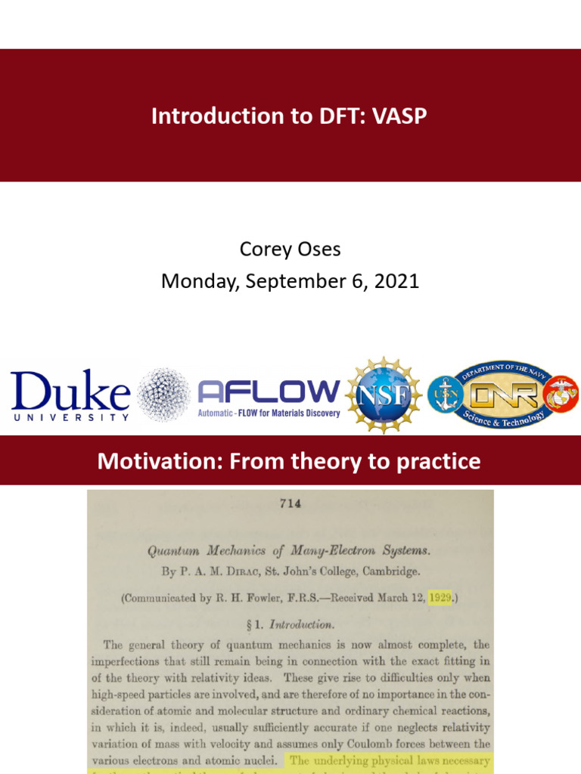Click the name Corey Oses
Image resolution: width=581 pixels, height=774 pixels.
tap(290, 249)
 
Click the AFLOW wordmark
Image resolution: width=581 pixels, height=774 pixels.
tap(269, 392)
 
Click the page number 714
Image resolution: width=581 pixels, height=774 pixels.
tap(290, 504)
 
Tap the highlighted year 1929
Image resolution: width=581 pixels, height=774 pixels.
tap(439, 598)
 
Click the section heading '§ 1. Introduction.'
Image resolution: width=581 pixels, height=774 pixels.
tap(290, 624)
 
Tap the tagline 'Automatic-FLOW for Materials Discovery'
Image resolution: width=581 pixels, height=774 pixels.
tap(269, 413)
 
